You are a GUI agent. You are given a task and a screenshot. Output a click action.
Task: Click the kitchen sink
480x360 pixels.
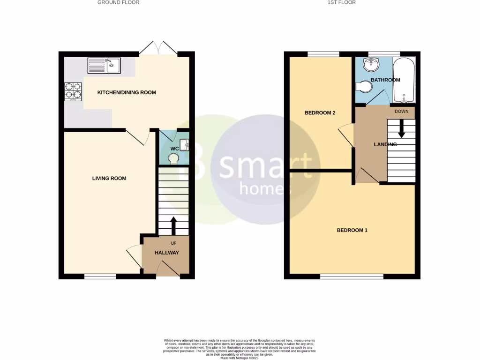click(104, 65)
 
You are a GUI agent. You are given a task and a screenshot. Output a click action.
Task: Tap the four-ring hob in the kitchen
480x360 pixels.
click(73, 91)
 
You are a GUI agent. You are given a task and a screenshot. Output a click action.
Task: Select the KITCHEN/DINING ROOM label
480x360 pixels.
click(127, 92)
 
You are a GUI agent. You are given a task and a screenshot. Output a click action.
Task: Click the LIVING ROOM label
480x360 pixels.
click(109, 178)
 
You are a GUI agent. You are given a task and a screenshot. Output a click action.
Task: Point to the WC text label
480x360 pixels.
click(174, 149)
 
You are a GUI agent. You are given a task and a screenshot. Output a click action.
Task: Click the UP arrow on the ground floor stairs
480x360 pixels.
click(173, 225)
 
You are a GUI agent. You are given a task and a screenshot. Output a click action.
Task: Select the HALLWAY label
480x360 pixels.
click(167, 253)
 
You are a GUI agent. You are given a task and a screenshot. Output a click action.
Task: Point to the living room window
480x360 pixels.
click(100, 277)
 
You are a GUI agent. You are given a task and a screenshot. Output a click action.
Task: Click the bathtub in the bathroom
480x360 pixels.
click(404, 80)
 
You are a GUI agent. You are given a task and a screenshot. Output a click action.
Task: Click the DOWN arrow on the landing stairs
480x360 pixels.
click(401, 128)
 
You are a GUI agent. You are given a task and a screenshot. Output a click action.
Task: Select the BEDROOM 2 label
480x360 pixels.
click(320, 113)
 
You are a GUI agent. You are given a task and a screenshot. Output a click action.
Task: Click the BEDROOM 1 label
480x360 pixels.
click(352, 230)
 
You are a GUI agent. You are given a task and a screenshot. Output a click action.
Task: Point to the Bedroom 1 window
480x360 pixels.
click(352, 277)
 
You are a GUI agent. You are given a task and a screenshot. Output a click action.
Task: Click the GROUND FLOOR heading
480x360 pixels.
click(118, 2)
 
